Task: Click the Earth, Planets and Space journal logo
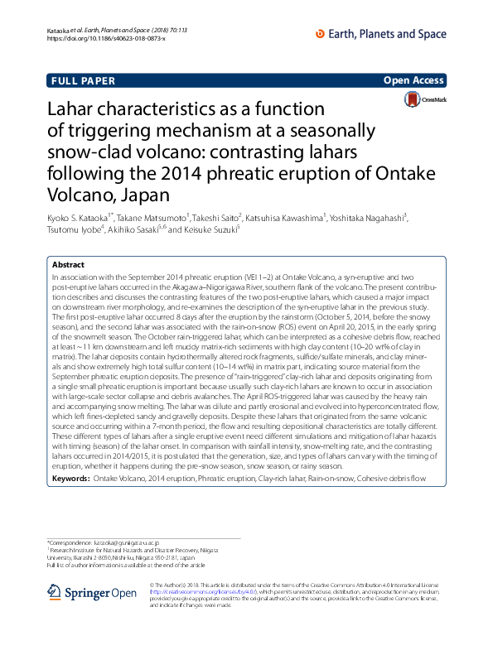[381, 34]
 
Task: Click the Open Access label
[413, 81]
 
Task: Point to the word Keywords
[70, 479]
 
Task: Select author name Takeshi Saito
[220, 217]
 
